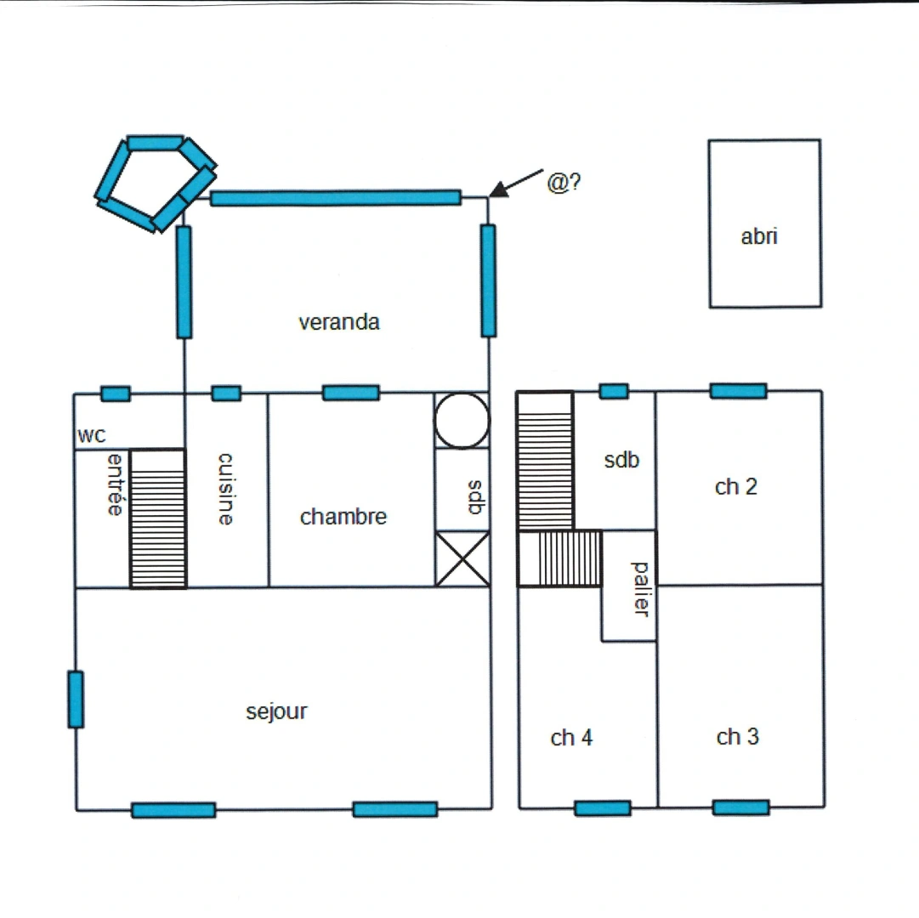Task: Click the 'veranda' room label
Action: pos(338,323)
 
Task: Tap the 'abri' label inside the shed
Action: pos(759,237)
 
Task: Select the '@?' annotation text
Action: pos(564,183)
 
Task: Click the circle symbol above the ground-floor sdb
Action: pos(462,420)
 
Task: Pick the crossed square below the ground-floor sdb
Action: pos(462,558)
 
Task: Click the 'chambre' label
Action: pos(343,517)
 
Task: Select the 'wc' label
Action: pos(92,436)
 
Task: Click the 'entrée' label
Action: pos(116,485)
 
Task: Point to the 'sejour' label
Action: pos(276,711)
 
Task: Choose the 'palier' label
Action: pos(641,589)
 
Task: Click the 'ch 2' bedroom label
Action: pos(735,487)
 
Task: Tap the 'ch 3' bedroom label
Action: pos(737,737)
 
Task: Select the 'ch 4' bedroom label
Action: pos(571,738)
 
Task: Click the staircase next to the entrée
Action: pos(158,518)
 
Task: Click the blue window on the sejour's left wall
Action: pos(76,699)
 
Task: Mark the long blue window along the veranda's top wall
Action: pos(336,198)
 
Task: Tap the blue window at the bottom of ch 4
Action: pos(603,807)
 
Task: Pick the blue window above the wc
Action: pos(116,394)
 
